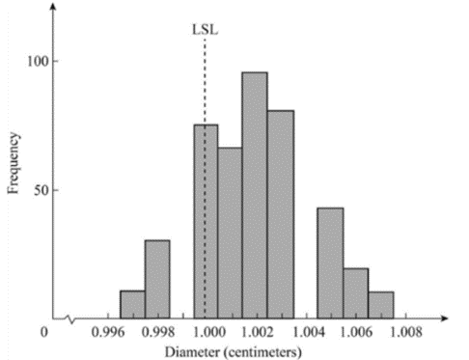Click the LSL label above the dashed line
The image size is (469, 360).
pyautogui.click(x=205, y=30)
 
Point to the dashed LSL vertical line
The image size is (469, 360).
pyautogui.click(x=205, y=179)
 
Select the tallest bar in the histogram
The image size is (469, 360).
pyautogui.click(x=255, y=196)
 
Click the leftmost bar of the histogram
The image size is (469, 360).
pyautogui.click(x=132, y=305)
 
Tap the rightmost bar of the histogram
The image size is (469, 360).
pyautogui.click(x=381, y=305)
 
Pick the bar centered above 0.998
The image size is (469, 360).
pyautogui.click(x=157, y=279)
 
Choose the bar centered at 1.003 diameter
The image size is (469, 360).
pyautogui.click(x=281, y=214)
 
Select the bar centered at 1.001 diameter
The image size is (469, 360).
pyautogui.click(x=230, y=234)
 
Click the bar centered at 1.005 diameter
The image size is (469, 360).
pyautogui.click(x=330, y=263)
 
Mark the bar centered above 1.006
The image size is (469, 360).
pyautogui.click(x=356, y=293)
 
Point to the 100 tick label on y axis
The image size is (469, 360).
pyautogui.click(x=38, y=61)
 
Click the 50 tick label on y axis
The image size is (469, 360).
pyautogui.click(x=41, y=190)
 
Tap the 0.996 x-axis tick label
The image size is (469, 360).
pyautogui.click(x=108, y=332)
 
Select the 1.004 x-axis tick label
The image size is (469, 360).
pyautogui.click(x=307, y=332)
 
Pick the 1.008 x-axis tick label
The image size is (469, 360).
pyautogui.click(x=406, y=332)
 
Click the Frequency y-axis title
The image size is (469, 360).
pyautogui.click(x=14, y=163)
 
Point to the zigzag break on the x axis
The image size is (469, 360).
pyautogui.click(x=70, y=319)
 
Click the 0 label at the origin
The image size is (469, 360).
pyautogui.click(x=44, y=332)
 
